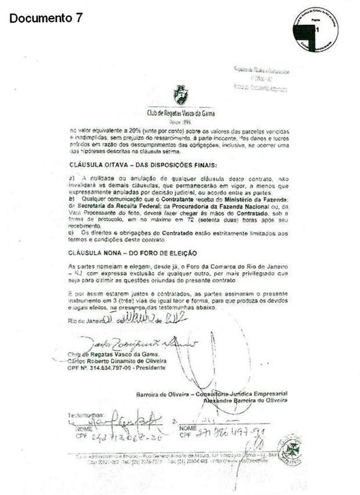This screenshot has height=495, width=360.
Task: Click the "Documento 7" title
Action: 46,18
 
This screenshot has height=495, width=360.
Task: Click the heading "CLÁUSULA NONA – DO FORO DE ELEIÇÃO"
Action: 133,253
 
